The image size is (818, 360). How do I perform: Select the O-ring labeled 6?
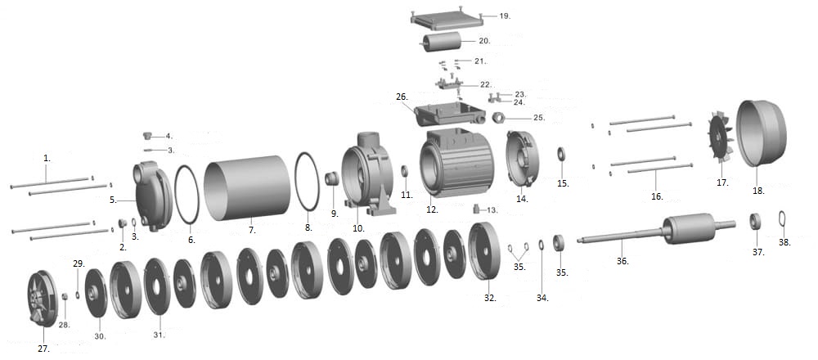[187, 195]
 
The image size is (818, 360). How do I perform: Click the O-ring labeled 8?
[308, 182]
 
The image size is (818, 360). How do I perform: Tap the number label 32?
[489, 299]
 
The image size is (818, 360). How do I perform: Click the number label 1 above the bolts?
[47, 156]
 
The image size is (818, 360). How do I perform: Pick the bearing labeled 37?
[757, 220]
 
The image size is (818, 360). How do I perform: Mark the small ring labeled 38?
[782, 218]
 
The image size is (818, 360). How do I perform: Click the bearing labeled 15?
[562, 154]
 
